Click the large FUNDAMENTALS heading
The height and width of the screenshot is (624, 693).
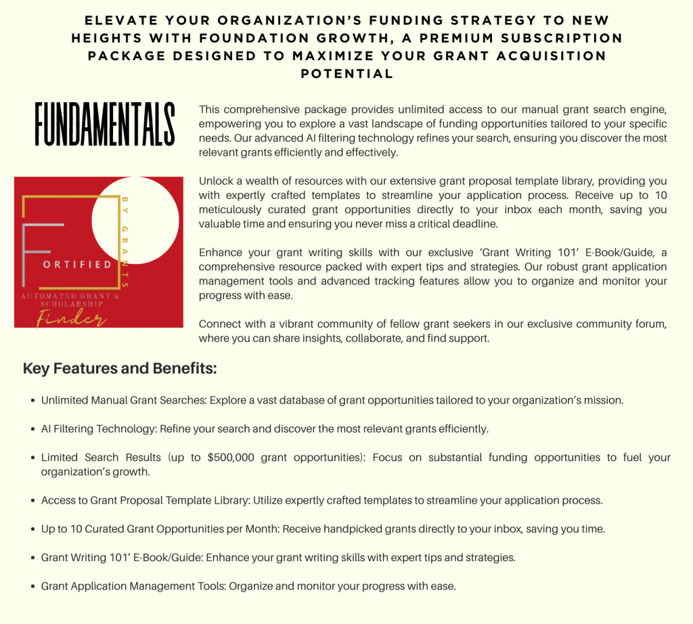105,125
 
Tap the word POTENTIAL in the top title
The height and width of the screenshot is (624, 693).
346,74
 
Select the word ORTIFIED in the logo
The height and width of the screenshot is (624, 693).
77,265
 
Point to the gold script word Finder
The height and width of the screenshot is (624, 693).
67,317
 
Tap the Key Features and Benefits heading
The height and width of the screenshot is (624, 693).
120,369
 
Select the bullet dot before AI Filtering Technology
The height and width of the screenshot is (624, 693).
33,430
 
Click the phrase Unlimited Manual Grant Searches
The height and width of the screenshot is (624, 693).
123,400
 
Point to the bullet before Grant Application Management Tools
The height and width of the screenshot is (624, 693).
33,587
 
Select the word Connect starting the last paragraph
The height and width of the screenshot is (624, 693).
219,324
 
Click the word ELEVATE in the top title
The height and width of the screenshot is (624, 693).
120,21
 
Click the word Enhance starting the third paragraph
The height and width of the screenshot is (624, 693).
220,252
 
